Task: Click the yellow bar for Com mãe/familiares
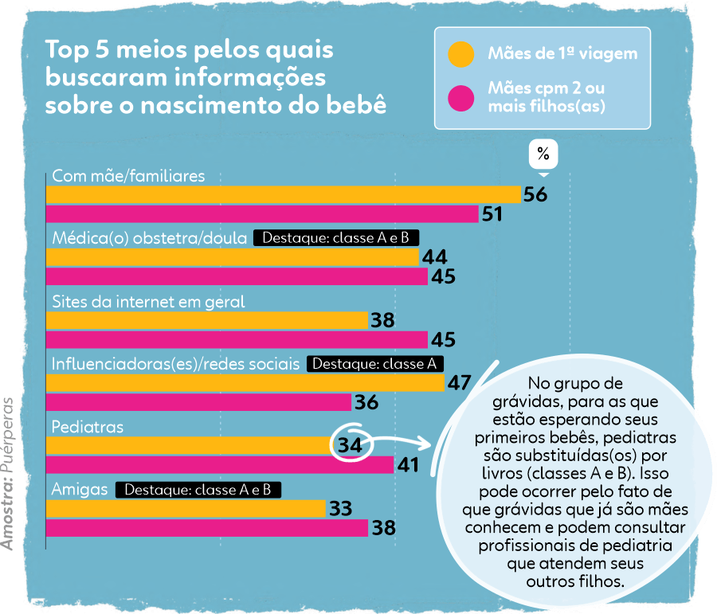[283, 195]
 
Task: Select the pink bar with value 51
[262, 213]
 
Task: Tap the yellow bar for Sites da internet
[207, 320]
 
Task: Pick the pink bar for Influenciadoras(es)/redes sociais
[199, 402]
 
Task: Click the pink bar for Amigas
[207, 527]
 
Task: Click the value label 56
[535, 195]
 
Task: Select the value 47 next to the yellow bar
[459, 382]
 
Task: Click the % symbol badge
[543, 154]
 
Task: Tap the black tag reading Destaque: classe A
[375, 364]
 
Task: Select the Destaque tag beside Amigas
[198, 489]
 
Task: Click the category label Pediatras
[88, 427]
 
